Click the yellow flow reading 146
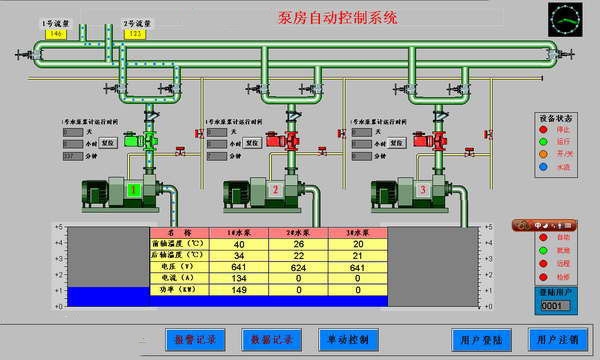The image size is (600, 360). (x=27, y=33)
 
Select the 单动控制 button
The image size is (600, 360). (x=347, y=339)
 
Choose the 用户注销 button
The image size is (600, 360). (x=558, y=339)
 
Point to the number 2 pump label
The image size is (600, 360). (x=276, y=190)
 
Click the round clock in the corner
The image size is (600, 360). (x=564, y=19)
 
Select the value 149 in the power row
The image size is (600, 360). (x=239, y=291)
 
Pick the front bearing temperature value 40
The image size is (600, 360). (x=239, y=243)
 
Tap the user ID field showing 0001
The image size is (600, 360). (x=553, y=305)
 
